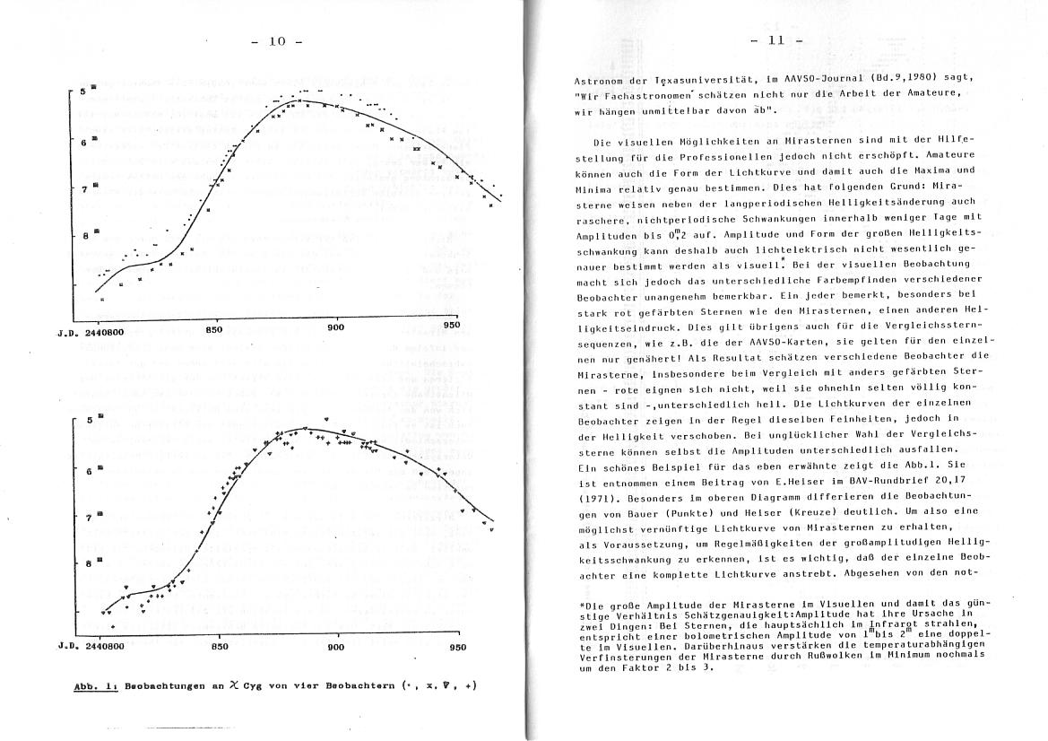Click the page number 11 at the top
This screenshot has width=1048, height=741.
coord(776,40)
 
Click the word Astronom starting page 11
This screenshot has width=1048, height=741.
coord(602,77)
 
